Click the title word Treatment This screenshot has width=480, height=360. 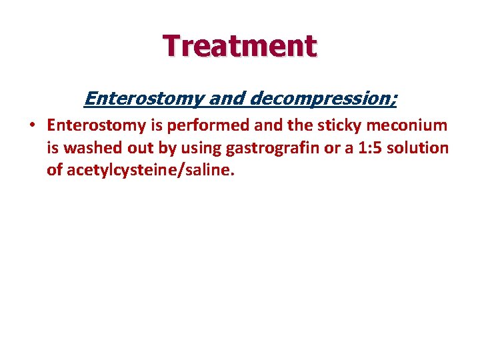240,46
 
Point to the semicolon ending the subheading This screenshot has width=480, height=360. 394,100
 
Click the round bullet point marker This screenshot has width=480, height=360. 32,125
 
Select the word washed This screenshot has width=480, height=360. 95,147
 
